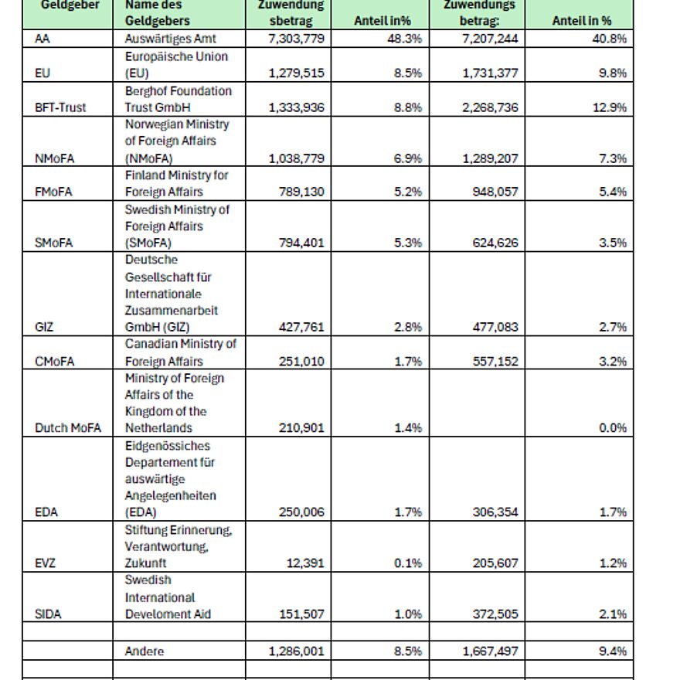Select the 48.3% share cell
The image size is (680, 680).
(406, 39)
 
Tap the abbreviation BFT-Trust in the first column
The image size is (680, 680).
(60, 107)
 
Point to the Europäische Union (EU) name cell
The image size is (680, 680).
(176, 65)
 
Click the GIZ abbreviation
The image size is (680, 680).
(45, 327)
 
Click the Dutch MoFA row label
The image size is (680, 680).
(68, 428)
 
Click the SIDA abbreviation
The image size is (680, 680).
(48, 614)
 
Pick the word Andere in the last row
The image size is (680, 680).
(144, 651)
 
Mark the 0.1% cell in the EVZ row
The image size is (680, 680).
(408, 563)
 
